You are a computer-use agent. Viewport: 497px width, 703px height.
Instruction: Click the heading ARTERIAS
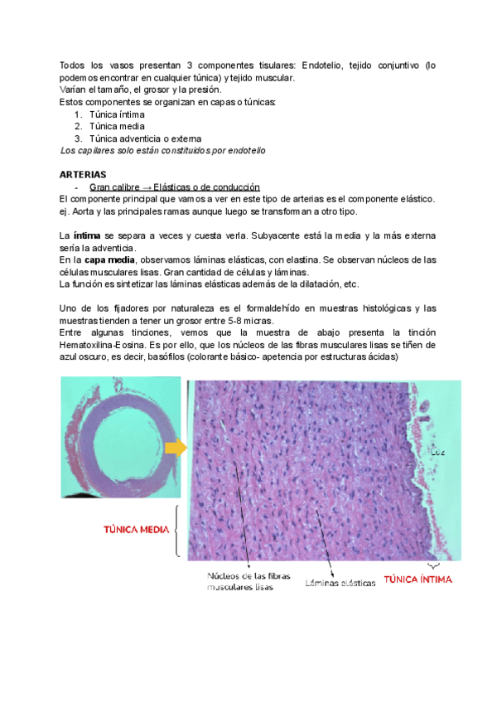[84, 175]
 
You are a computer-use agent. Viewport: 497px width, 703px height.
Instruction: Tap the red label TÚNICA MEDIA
[136, 529]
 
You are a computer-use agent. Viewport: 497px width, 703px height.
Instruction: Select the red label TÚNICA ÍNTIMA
[417, 579]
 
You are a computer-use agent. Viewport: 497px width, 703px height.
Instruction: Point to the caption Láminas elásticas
[340, 583]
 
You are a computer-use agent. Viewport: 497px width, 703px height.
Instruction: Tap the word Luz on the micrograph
[438, 452]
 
